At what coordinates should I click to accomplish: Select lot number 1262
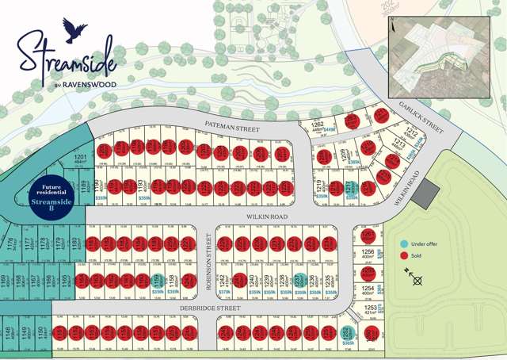click(317, 125)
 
